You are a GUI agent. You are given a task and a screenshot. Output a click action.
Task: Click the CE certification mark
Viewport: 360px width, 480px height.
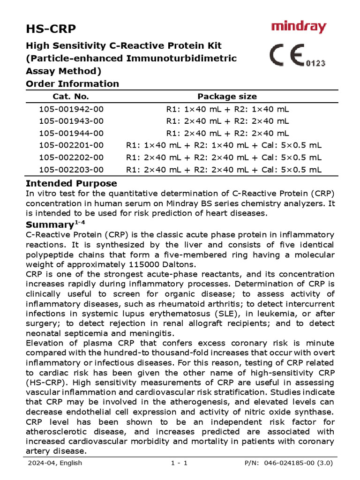287,56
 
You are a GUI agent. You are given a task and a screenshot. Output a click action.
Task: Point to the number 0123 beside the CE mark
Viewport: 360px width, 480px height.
316,63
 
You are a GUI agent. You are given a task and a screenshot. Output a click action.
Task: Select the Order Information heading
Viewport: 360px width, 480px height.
72,84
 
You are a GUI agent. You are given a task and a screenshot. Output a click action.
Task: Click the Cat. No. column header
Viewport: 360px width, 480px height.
71,97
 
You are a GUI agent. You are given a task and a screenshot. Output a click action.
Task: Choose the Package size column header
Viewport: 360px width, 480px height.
227,97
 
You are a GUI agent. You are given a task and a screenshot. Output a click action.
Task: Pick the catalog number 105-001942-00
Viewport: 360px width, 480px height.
71,109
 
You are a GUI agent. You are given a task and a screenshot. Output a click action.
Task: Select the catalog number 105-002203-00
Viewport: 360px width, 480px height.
71,169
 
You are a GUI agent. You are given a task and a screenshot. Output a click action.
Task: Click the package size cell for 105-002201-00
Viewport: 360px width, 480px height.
224,145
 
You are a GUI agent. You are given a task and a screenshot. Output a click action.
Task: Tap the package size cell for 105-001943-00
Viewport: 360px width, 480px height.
228,121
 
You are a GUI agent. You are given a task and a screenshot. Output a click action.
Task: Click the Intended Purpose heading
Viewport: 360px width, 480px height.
71,183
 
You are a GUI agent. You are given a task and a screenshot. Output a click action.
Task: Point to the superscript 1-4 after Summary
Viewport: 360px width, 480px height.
80,222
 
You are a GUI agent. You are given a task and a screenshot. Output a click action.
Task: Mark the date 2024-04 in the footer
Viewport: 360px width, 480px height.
40,463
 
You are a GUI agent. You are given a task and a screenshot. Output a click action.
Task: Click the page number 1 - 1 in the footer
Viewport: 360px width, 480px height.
180,463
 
